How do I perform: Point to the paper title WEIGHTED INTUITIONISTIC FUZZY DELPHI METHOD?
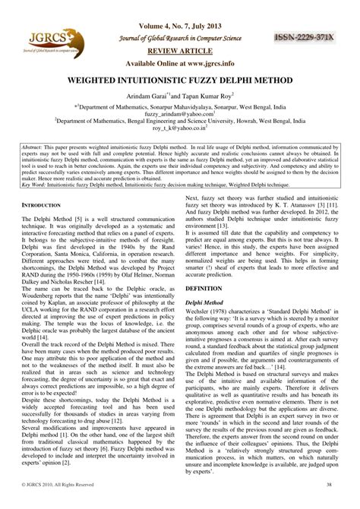(180, 80)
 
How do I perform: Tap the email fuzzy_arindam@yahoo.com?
(180, 116)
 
